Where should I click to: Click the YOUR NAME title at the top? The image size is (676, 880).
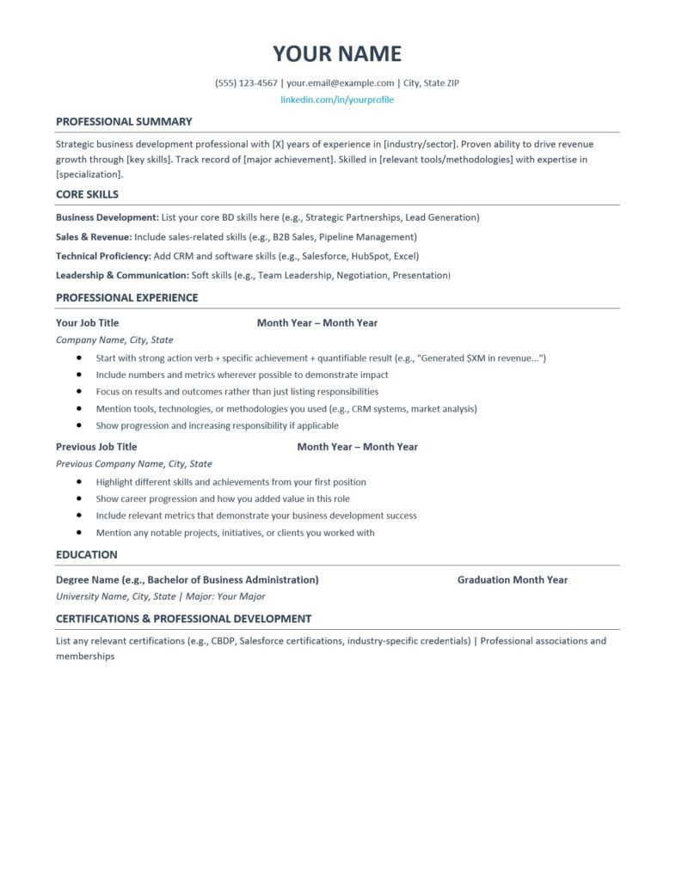(337, 54)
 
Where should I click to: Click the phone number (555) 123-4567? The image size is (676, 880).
(246, 83)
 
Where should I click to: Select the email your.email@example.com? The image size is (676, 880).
(340, 83)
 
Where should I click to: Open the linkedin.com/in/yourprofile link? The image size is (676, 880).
(337, 100)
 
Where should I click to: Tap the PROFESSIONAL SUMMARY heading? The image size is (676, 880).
(124, 121)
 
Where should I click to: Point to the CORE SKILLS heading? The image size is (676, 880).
(87, 194)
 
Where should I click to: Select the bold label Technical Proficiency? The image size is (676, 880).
(102, 256)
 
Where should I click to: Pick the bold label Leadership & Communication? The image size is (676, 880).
(122, 275)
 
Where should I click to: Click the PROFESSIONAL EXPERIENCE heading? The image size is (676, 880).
(126, 297)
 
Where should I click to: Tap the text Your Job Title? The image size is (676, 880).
(87, 323)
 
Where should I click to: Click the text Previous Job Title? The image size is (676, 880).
(96, 447)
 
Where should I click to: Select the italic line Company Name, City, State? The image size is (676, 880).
(114, 340)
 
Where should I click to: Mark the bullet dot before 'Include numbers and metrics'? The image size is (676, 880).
(79, 375)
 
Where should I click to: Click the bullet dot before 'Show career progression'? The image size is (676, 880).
(79, 498)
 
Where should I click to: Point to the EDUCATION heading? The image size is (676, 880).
(86, 554)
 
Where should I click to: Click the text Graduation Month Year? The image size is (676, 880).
(512, 580)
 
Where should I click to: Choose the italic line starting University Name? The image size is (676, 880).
(160, 596)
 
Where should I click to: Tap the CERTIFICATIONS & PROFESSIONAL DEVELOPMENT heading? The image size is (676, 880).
(183, 619)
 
